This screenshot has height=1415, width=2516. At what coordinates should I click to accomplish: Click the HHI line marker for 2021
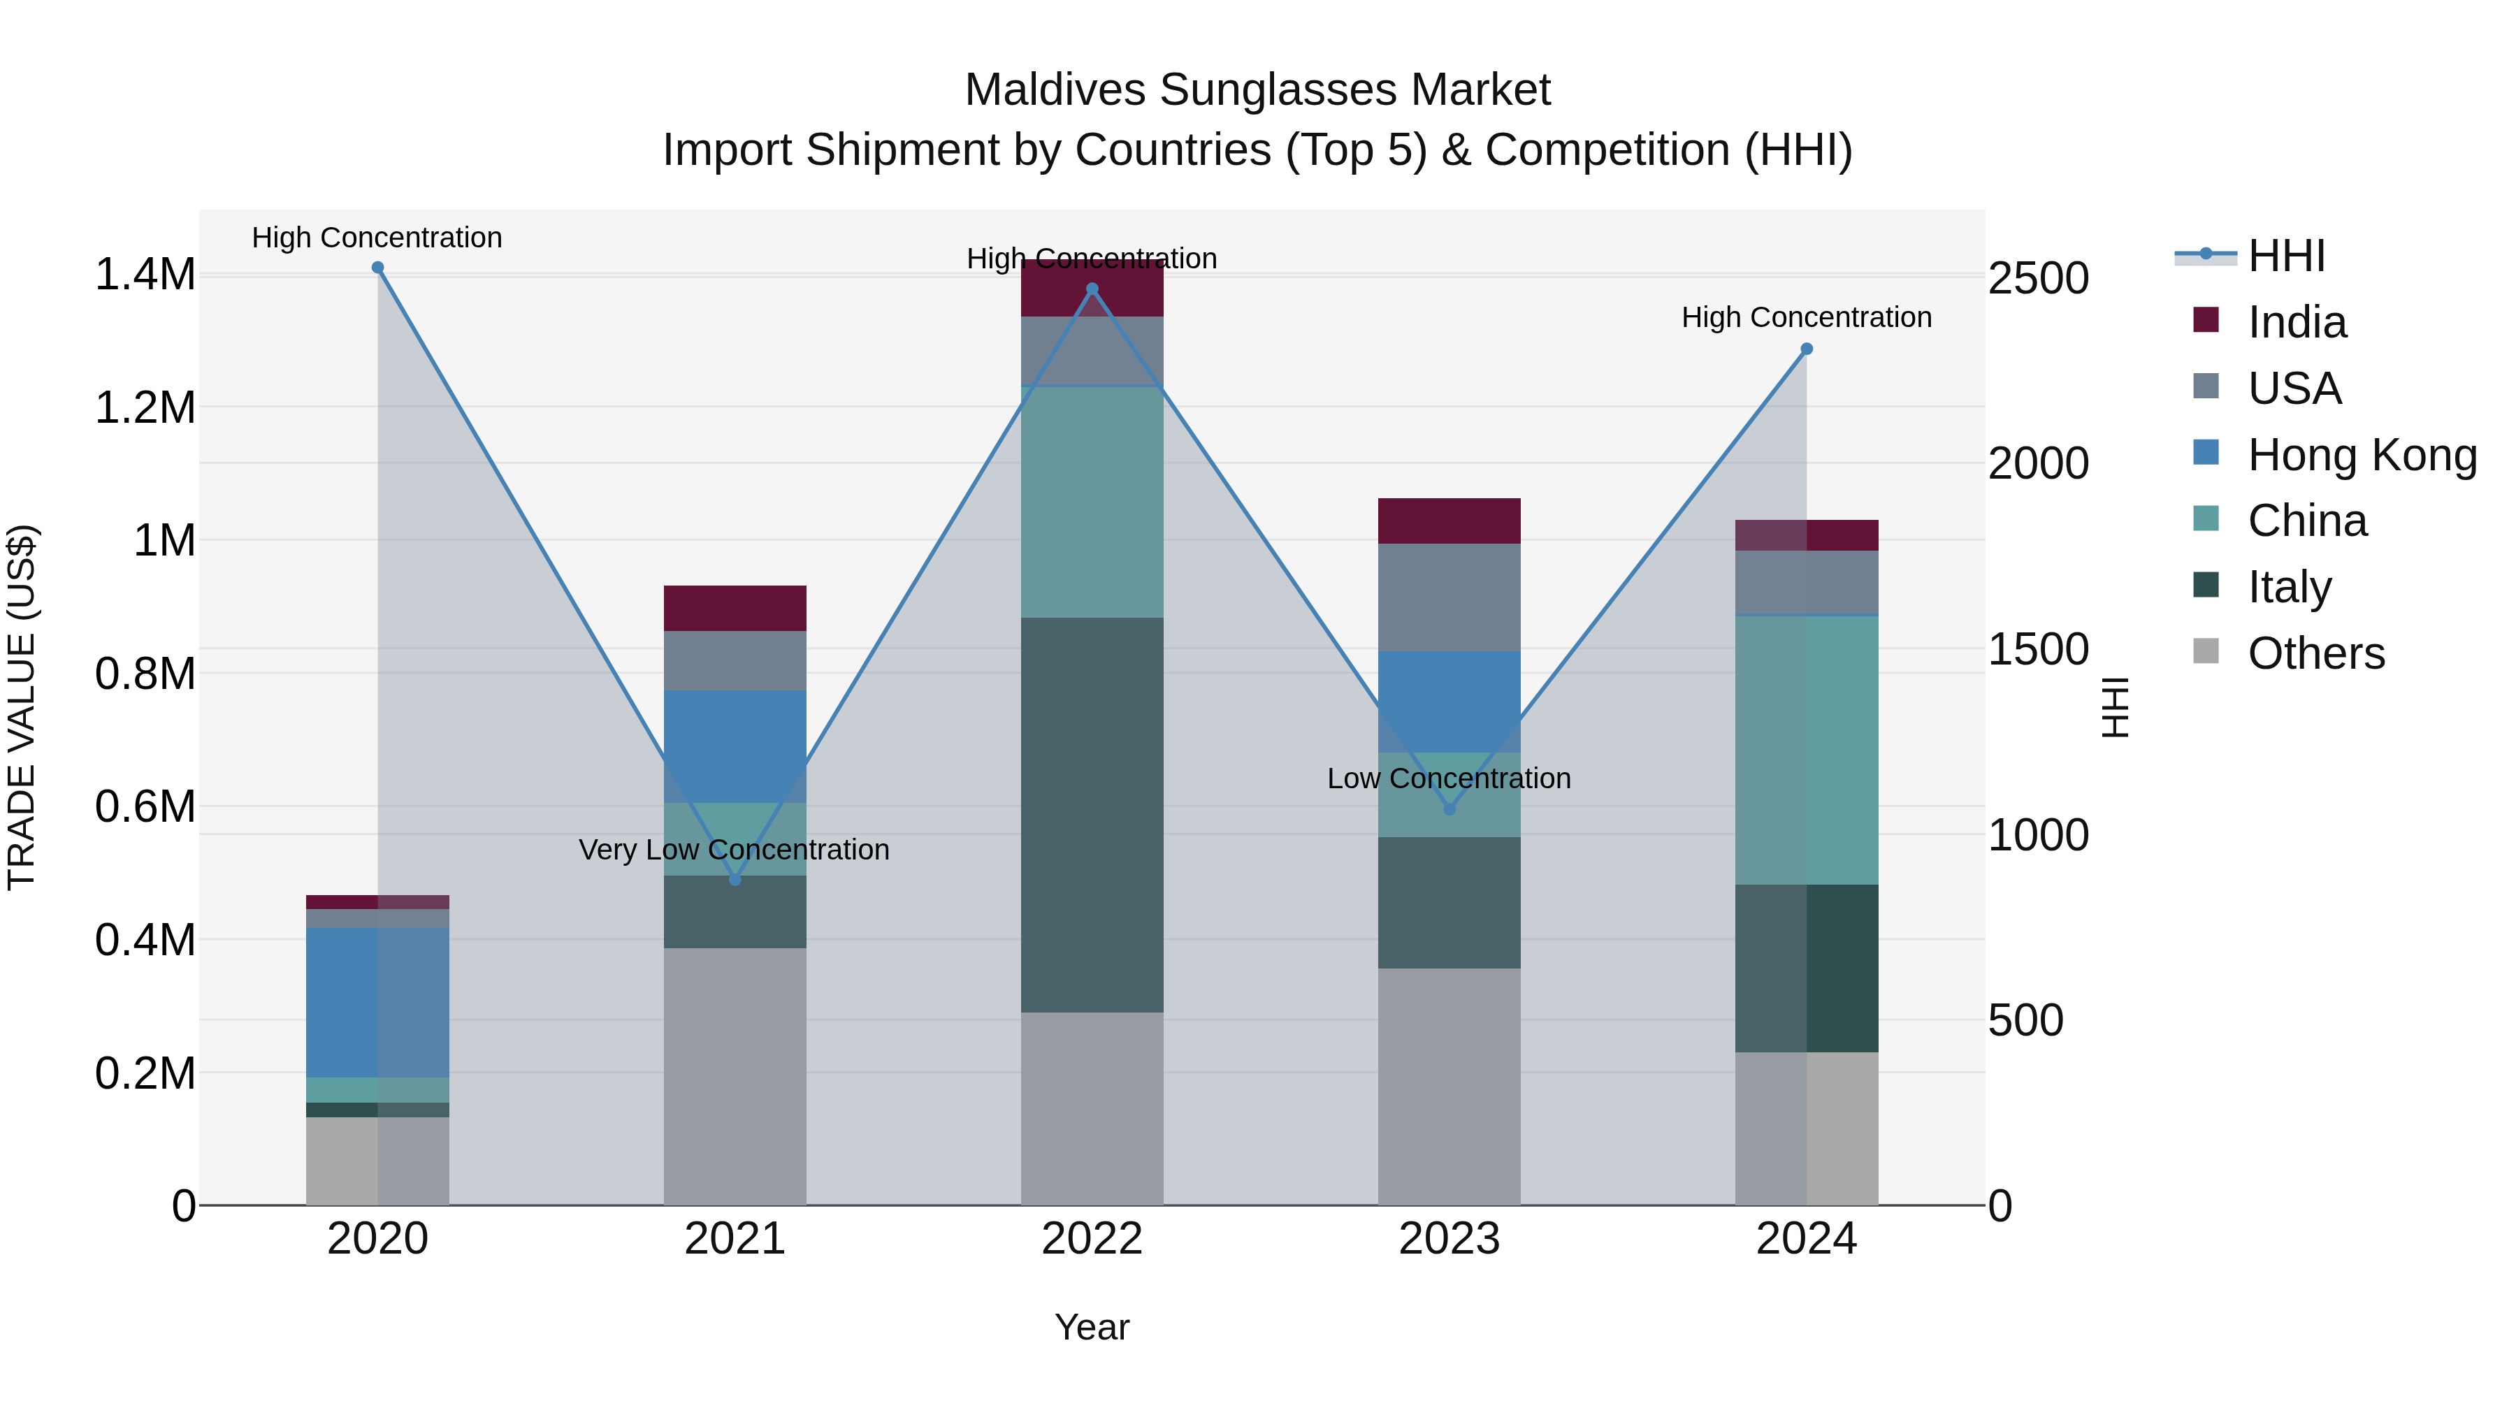tap(735, 880)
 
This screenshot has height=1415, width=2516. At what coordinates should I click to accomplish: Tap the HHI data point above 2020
tap(378, 268)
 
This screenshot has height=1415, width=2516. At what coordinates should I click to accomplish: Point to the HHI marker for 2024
tap(1807, 349)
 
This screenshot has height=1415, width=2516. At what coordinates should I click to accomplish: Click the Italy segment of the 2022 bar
tap(1092, 815)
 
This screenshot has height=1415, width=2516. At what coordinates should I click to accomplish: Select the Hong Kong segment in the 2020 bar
tap(378, 1002)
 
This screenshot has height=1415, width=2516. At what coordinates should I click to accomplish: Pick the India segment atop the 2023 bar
tap(1449, 521)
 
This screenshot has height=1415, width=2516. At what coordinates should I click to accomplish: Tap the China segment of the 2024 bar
tap(1807, 750)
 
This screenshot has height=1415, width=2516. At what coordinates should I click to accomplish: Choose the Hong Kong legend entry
tap(2362, 455)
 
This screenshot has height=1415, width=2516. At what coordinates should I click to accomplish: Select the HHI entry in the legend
tap(2285, 256)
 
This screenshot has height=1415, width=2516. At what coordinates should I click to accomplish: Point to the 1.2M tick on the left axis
tap(145, 408)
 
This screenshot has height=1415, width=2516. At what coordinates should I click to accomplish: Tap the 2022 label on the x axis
tap(1092, 1239)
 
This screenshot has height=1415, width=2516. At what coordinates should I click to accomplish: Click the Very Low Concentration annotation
tap(735, 850)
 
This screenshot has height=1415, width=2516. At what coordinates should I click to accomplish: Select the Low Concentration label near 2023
tap(1449, 778)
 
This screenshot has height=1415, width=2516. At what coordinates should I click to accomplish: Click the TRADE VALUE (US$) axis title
tap(22, 707)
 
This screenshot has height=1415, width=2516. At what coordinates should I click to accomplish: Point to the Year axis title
tap(1092, 1327)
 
